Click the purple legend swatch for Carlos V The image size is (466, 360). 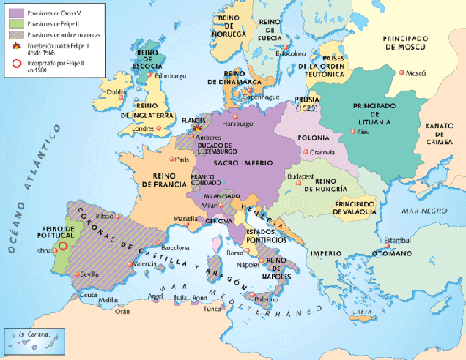tap(14, 12)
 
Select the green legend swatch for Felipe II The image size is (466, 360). tap(14, 23)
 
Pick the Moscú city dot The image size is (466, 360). tap(400, 74)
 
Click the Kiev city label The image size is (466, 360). tap(362, 133)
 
